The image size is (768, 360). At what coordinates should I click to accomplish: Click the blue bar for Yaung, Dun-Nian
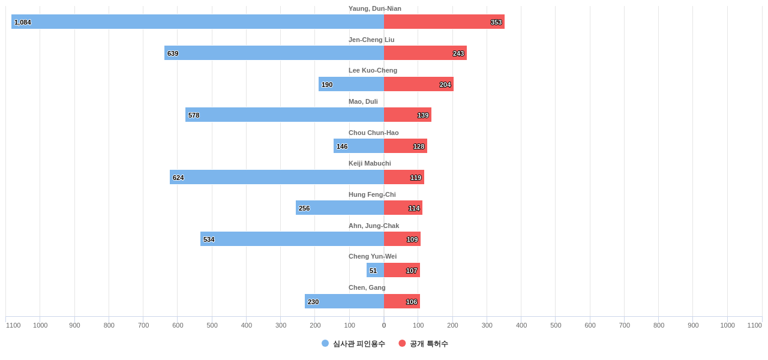click(198, 22)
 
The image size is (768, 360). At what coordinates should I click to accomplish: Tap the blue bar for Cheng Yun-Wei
click(375, 270)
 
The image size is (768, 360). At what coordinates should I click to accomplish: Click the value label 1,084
click(23, 22)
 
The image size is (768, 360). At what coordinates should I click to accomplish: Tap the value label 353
click(496, 22)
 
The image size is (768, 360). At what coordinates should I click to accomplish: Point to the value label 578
click(194, 115)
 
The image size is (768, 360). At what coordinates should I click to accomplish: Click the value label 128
click(419, 146)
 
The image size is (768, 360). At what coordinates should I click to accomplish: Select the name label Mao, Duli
click(363, 101)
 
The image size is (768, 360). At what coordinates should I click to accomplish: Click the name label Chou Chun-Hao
click(373, 133)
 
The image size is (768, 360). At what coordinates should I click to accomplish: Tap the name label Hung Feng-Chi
click(372, 194)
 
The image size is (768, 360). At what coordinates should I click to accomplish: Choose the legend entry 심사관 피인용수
click(359, 344)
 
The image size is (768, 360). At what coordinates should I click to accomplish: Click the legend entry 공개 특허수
click(428, 344)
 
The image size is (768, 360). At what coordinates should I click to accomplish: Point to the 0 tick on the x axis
click(384, 325)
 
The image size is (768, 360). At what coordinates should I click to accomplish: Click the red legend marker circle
click(402, 343)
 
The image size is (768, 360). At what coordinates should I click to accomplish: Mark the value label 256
click(304, 208)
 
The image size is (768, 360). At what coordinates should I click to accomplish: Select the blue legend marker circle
click(325, 343)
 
